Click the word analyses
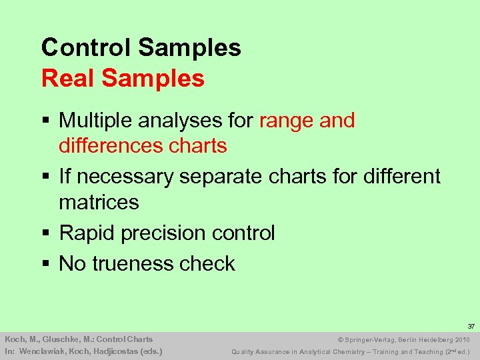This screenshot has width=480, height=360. click(185, 121)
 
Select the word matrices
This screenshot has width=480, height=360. click(99, 201)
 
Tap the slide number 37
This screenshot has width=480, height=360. click(471, 327)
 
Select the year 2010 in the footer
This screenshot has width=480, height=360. click(461, 339)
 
